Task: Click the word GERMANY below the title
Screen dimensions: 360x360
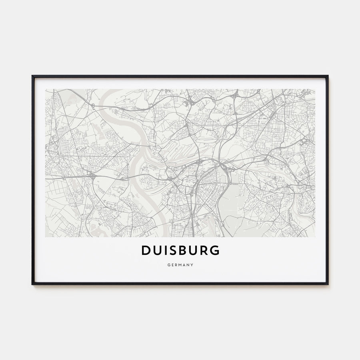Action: click(180, 264)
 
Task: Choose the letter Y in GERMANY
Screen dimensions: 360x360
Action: click(192, 264)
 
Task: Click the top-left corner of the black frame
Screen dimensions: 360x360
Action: click(32, 76)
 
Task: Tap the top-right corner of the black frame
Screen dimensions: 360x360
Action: click(328, 76)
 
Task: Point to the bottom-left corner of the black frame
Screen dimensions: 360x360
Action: click(32, 284)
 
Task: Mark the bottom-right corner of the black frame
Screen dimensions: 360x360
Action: click(328, 284)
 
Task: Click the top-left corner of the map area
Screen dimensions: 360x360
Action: click(46, 89)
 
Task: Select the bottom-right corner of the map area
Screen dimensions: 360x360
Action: click(315, 237)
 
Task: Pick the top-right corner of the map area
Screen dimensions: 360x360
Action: click(315, 89)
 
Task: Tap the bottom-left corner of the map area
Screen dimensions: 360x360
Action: click(46, 237)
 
